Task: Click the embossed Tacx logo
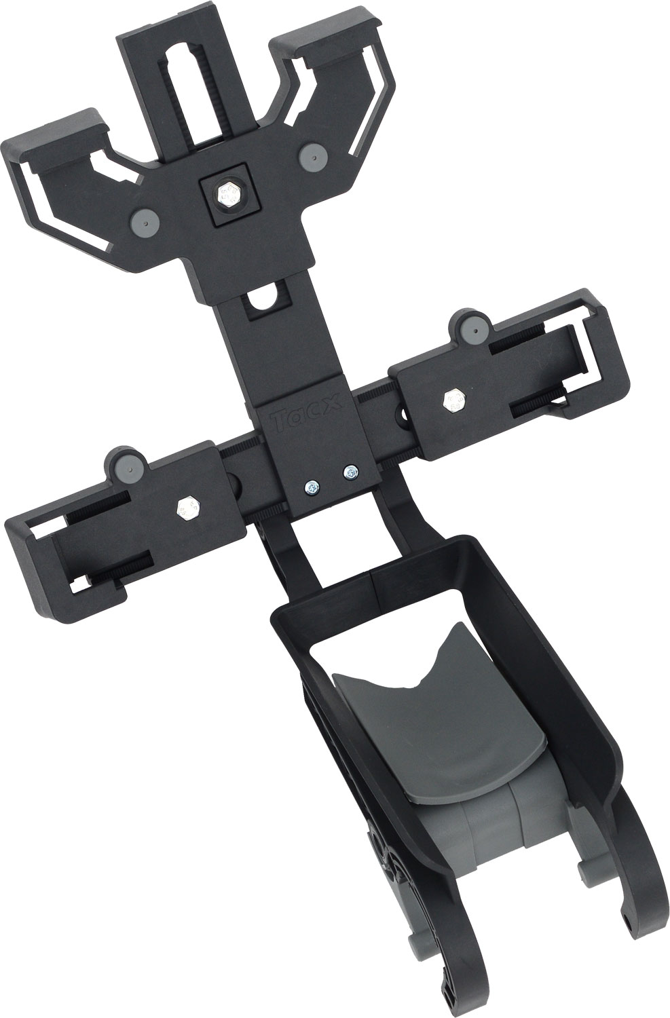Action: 308,413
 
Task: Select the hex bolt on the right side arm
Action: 455,400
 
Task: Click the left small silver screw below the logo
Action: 312,487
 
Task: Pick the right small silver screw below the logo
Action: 350,472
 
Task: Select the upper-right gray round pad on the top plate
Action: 314,156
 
